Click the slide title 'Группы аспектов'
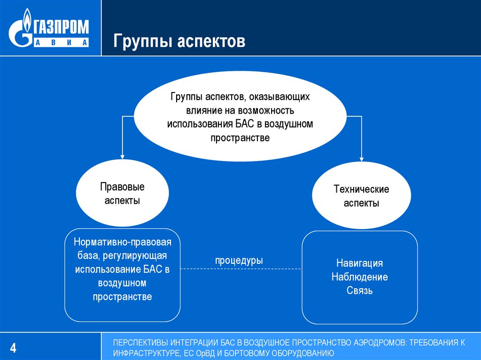179,42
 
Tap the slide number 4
13,348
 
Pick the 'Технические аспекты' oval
361,196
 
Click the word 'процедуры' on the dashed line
239,260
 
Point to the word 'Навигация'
359,263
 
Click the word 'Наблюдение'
359,277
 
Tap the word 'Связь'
359,291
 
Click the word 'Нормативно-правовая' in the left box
122,243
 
